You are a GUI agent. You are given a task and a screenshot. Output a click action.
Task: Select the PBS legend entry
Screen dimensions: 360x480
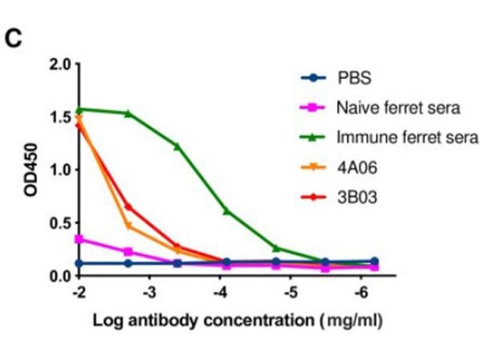349,78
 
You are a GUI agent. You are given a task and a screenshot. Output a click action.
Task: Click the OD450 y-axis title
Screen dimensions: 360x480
31,170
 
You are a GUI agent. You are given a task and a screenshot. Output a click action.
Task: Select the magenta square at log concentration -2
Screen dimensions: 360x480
79,239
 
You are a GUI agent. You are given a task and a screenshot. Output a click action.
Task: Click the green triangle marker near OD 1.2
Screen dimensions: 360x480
177,146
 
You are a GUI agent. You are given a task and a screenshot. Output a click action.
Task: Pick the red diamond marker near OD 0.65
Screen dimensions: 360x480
128,206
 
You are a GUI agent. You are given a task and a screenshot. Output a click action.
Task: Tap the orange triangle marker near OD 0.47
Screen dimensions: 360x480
128,226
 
